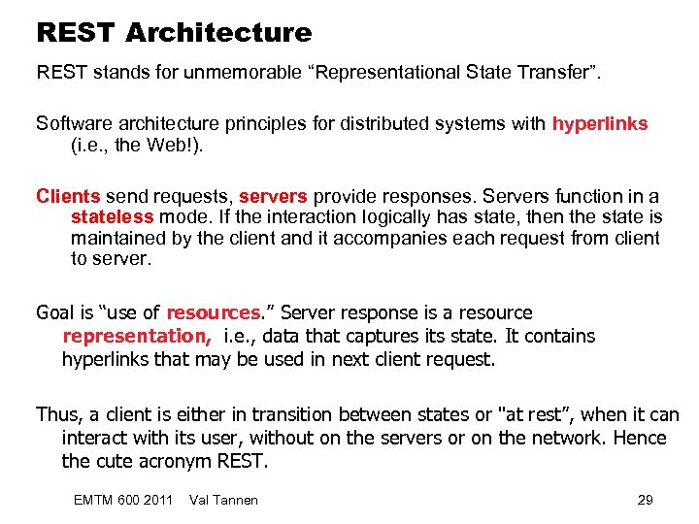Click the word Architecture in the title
218,33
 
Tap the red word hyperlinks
600,124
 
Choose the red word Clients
68,196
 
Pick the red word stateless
112,217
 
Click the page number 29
645,500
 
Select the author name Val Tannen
225,500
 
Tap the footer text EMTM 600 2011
123,500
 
